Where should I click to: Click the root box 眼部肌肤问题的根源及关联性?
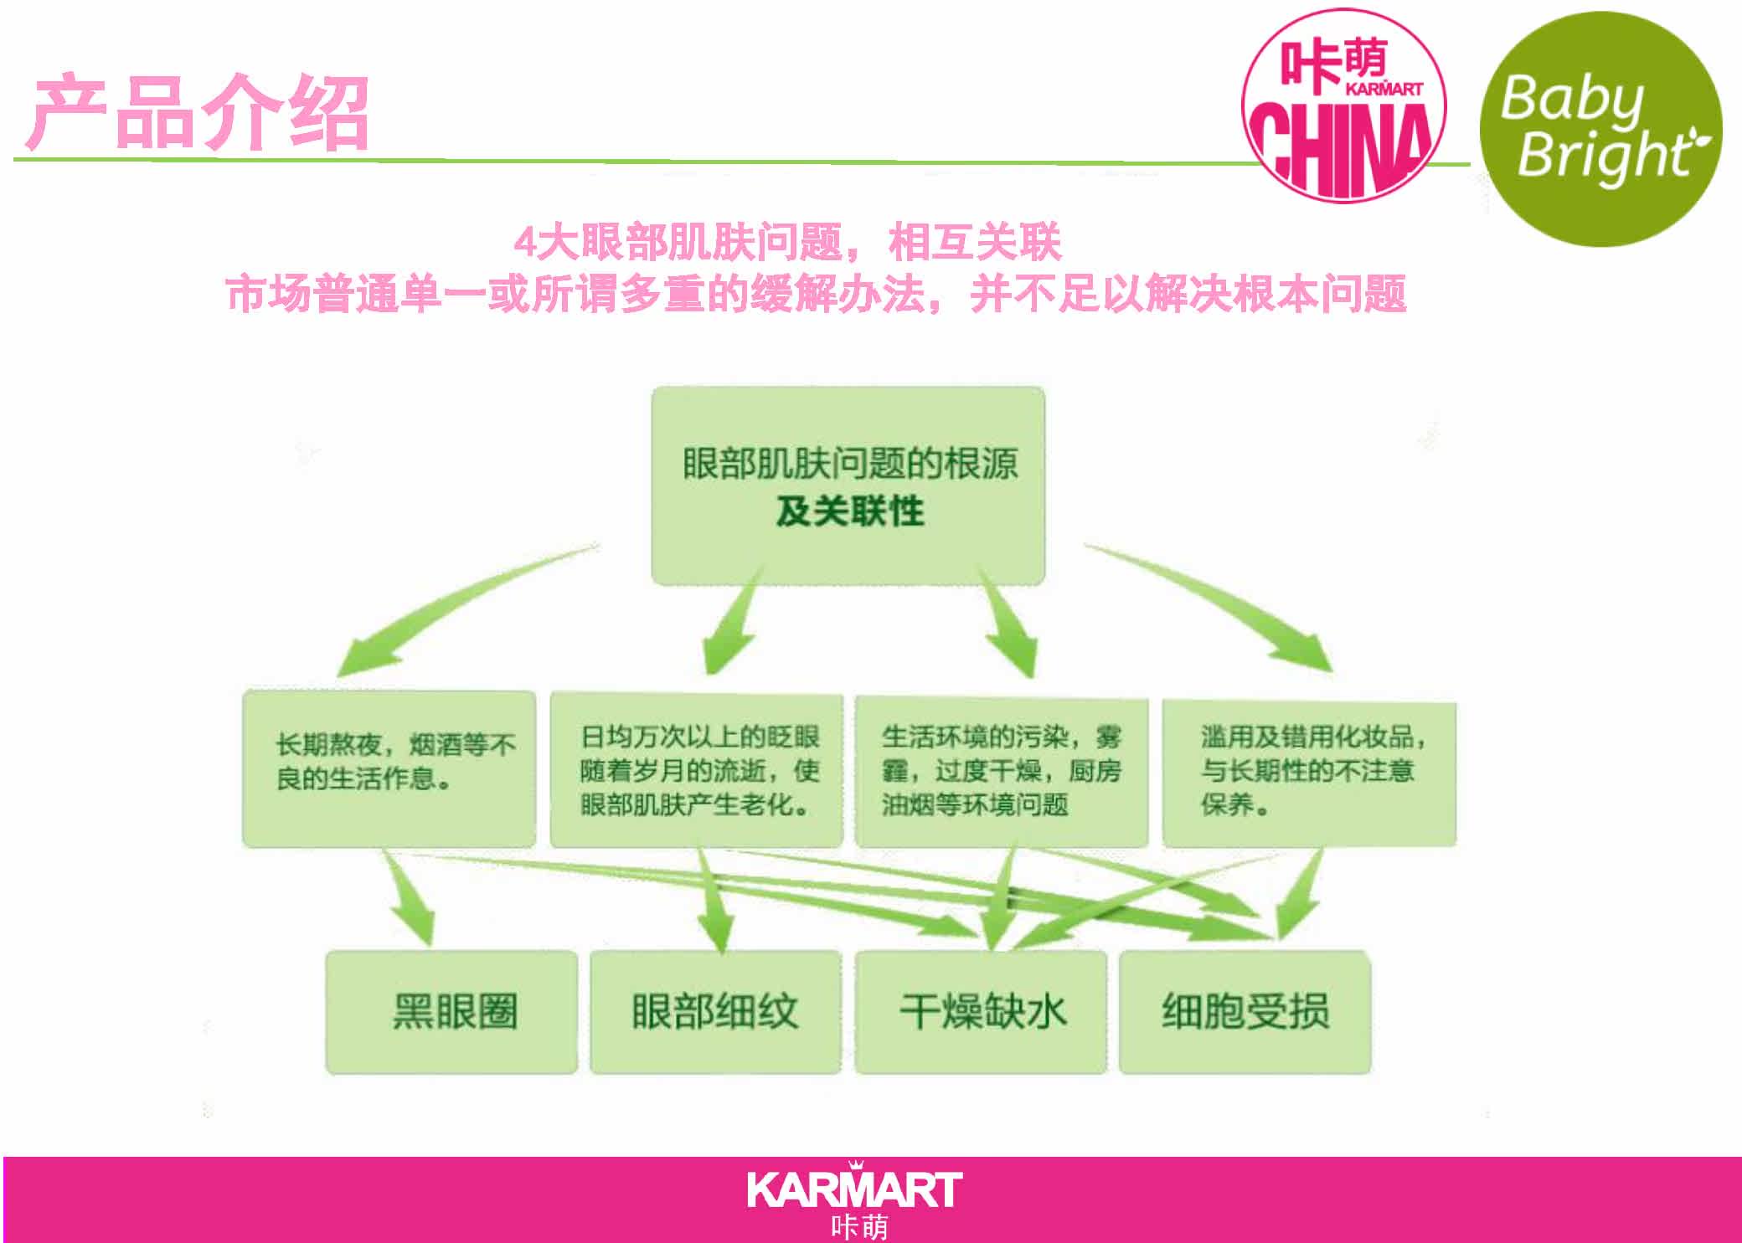coord(848,485)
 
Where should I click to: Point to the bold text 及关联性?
coord(849,511)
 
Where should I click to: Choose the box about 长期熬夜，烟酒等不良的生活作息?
coord(389,768)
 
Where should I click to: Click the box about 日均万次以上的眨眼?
coord(696,770)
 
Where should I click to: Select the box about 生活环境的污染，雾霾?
coord(1001,771)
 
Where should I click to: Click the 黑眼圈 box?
coord(451,1011)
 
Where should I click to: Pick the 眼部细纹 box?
coord(715,1011)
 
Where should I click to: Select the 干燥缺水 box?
coord(981,1011)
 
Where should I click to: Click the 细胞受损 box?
coord(1245,1011)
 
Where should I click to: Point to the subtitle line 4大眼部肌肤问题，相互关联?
coord(787,244)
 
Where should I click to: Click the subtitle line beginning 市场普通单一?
coord(816,294)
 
